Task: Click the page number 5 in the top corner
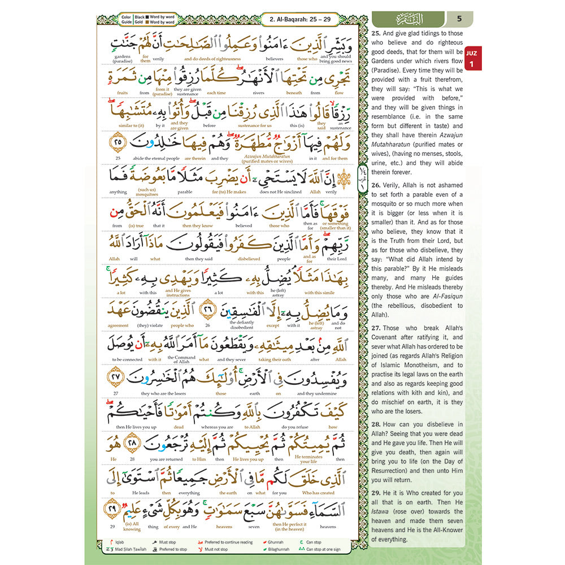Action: pyautogui.click(x=459, y=18)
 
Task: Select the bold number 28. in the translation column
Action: pyautogui.click(x=377, y=424)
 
